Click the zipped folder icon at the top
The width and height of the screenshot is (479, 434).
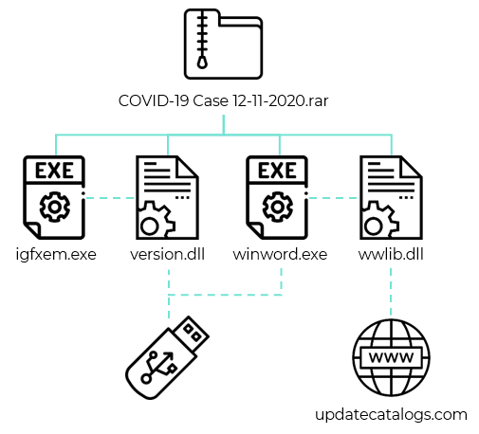(x=223, y=45)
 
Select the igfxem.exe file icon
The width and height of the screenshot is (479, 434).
(x=54, y=197)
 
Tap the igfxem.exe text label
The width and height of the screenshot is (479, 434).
(x=54, y=254)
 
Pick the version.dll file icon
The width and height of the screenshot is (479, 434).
(x=168, y=197)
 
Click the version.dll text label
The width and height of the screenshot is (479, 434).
(x=168, y=254)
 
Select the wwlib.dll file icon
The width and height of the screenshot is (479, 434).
(x=391, y=197)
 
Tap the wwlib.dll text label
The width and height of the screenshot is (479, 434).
(x=391, y=254)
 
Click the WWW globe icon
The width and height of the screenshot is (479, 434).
(x=390, y=359)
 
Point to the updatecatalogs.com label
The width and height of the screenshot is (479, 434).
(x=391, y=415)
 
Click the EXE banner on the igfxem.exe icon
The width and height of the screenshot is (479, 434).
(x=53, y=172)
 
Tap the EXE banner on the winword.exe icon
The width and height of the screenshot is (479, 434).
(x=278, y=172)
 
